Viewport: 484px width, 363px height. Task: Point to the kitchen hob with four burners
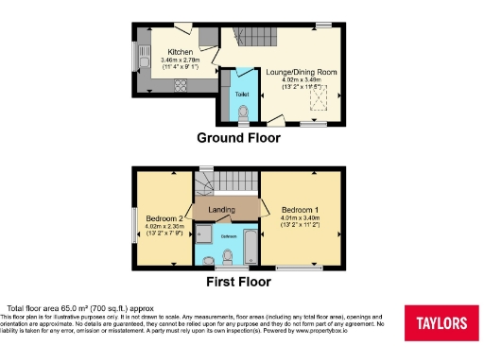177,86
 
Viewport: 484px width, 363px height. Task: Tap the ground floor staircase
249,39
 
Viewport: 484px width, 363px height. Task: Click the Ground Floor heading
238,138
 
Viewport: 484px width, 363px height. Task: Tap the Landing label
222,208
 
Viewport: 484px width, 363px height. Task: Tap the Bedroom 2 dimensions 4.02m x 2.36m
162,227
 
